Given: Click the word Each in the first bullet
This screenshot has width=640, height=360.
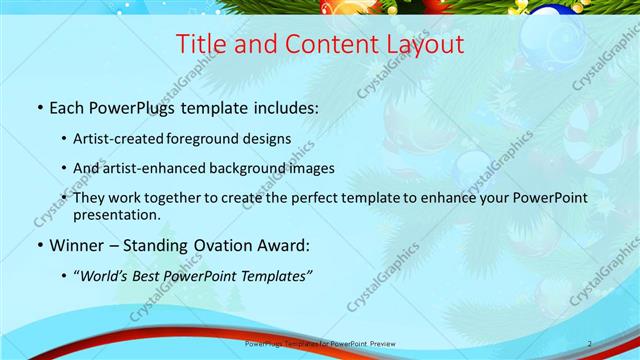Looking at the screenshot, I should (68, 107).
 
